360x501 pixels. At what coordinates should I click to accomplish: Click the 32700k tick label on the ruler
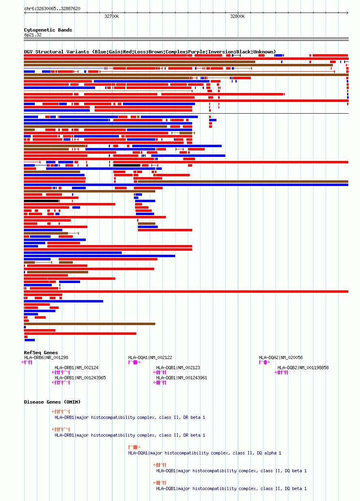[112, 17]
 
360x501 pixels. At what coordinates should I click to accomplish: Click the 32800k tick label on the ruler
[237, 17]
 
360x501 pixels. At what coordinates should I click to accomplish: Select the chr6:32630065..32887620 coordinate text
[52, 8]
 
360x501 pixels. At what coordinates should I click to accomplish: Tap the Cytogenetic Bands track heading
[48, 30]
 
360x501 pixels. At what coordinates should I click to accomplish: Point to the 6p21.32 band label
[33, 35]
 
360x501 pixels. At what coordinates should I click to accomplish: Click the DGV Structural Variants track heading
[150, 52]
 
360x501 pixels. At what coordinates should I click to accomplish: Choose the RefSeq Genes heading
[41, 353]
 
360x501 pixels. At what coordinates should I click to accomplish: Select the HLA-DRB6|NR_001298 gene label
[46, 357]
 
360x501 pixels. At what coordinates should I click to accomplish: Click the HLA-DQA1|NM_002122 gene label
[150, 357]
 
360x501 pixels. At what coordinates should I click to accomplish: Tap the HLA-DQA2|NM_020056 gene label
[281, 357]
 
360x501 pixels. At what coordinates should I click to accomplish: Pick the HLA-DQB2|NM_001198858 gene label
[303, 368]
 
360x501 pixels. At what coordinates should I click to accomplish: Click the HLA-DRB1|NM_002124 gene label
[76, 368]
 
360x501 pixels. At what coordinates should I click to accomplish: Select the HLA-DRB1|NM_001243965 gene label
[80, 378]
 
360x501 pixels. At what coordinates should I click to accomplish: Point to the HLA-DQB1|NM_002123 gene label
[178, 368]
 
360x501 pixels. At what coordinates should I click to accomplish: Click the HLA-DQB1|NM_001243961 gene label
[182, 378]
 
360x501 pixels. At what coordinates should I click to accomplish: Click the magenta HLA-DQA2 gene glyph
[264, 362]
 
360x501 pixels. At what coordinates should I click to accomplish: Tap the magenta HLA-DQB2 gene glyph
[282, 372]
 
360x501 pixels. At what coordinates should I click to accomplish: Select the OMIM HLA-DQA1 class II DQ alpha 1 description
[205, 453]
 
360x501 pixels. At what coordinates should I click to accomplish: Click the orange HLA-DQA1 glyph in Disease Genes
[135, 447]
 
